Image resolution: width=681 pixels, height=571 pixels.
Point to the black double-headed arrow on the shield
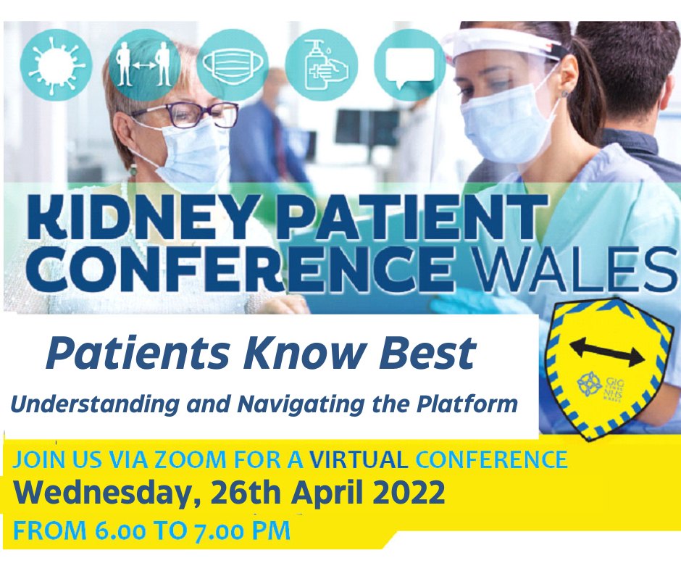click(x=606, y=351)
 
